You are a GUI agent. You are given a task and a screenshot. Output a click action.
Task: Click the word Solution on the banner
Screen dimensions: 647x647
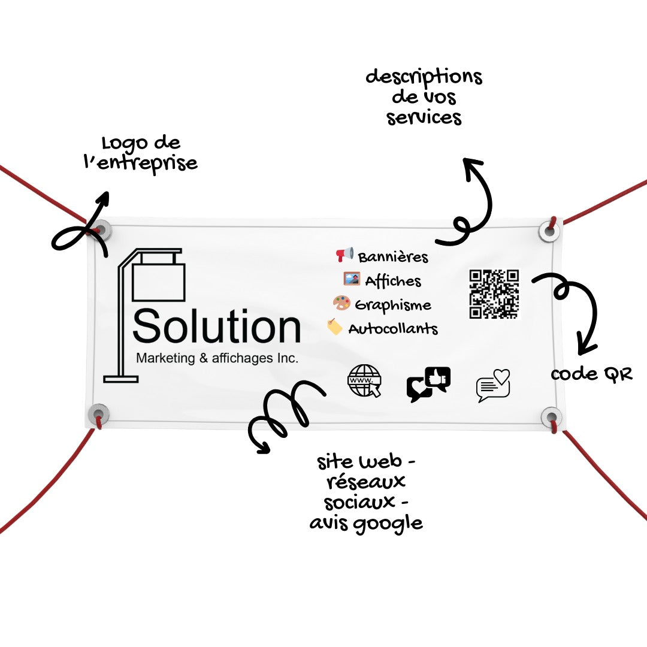pyautogui.click(x=217, y=326)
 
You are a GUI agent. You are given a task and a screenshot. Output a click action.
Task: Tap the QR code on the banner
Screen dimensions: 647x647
pyautogui.click(x=494, y=294)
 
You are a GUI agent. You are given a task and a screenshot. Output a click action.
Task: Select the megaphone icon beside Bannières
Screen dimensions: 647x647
pyautogui.click(x=344, y=254)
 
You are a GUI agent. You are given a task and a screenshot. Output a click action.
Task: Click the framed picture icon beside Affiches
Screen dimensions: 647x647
pyautogui.click(x=352, y=279)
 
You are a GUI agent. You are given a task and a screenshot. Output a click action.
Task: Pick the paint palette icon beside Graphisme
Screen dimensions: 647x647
pyautogui.click(x=341, y=303)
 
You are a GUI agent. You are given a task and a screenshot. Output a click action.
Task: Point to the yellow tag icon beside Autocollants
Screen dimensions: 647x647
pyautogui.click(x=335, y=326)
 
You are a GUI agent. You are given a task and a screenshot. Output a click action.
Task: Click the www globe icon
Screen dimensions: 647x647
pyautogui.click(x=364, y=381)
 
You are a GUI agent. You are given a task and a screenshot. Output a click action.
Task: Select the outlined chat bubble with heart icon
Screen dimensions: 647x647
pyautogui.click(x=493, y=385)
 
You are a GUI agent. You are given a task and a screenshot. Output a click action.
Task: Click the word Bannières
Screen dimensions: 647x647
pyautogui.click(x=393, y=257)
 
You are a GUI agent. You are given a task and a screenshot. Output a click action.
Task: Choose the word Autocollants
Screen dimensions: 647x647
pyautogui.click(x=393, y=329)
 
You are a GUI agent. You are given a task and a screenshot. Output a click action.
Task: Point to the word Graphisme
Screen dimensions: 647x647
pyautogui.click(x=393, y=306)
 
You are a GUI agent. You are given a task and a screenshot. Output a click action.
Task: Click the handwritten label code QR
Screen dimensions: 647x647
pyautogui.click(x=591, y=374)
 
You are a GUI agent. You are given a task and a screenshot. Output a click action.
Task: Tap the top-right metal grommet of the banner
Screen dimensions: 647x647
pyautogui.click(x=550, y=230)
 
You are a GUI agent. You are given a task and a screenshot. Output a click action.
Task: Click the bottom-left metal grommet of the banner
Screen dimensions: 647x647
pyautogui.click(x=99, y=414)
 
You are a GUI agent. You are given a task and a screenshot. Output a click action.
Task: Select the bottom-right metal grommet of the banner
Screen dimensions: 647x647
pyautogui.click(x=551, y=417)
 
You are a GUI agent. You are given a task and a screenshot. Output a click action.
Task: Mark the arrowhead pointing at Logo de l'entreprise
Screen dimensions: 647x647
pyautogui.click(x=103, y=198)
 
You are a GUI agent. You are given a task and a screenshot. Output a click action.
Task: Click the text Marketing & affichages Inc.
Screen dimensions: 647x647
pyautogui.click(x=217, y=358)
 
